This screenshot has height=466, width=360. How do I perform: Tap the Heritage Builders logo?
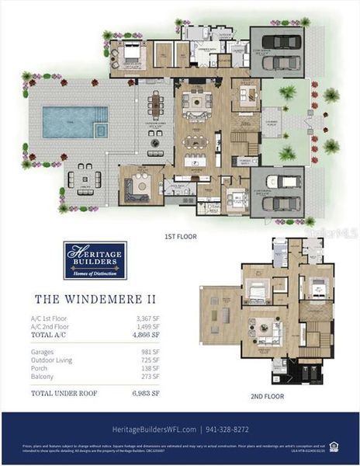tap(95, 260)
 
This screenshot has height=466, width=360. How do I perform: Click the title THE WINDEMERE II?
tap(85, 298)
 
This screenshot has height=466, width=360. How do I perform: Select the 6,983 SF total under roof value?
tap(144, 395)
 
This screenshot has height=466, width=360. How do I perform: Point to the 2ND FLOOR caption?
tap(266, 395)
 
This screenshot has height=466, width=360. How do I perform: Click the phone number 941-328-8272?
tap(233, 429)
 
